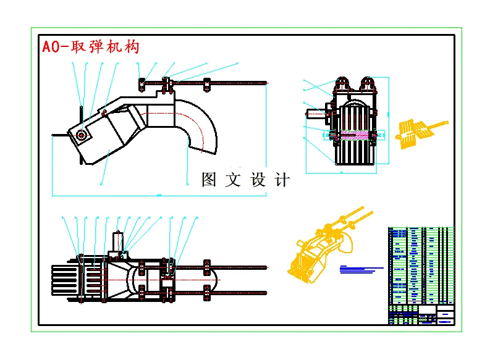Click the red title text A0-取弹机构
(x=90, y=47)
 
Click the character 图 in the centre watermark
(x=210, y=180)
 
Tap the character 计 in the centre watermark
(x=282, y=180)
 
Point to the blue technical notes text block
(x=361, y=269)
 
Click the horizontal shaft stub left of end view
(x=318, y=113)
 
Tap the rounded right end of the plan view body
(x=210, y=279)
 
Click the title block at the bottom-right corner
(x=420, y=314)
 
